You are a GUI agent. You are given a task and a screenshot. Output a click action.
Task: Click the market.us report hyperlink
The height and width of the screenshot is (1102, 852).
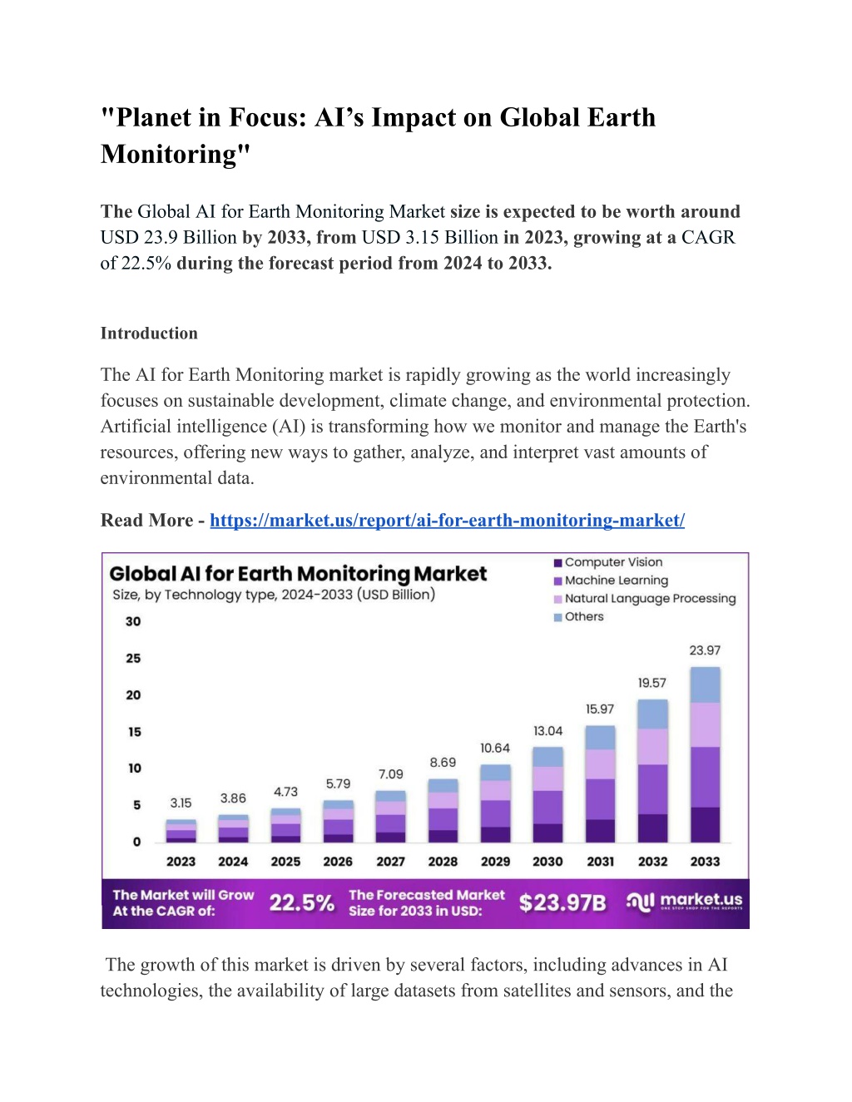click(x=447, y=521)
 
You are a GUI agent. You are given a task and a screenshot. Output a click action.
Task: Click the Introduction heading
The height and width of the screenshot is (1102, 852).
click(x=149, y=334)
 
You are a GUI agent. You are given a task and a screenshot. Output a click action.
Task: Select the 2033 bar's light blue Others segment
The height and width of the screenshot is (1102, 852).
click(x=705, y=684)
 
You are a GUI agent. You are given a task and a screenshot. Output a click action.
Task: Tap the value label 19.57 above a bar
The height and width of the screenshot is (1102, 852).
click(x=652, y=683)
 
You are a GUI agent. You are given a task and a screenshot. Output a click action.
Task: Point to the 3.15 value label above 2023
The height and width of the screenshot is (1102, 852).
click(x=181, y=803)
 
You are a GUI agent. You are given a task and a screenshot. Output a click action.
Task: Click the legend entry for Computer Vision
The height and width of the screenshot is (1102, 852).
click(x=608, y=562)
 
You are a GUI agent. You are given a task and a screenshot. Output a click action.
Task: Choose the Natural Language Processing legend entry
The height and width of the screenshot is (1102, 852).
click(x=645, y=599)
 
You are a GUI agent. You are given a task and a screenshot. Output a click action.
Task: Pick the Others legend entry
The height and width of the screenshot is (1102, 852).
click(x=578, y=616)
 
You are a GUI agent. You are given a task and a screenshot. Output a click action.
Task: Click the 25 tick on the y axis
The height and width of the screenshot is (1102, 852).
click(x=133, y=658)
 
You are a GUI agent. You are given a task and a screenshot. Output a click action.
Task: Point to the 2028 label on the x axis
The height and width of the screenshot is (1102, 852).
click(x=443, y=862)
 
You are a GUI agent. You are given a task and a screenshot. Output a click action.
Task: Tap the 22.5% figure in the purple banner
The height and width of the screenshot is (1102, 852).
click(x=302, y=902)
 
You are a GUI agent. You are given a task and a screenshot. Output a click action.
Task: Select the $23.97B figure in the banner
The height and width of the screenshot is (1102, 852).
click(x=562, y=902)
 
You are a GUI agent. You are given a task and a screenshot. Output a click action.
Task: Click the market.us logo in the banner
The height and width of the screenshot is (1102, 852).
click(x=685, y=902)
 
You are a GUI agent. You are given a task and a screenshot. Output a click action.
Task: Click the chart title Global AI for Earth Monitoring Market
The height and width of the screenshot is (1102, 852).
click(x=298, y=574)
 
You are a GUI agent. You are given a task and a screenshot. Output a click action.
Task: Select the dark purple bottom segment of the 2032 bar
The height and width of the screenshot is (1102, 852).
click(x=652, y=828)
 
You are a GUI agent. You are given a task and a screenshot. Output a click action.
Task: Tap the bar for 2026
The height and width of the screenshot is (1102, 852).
click(x=339, y=822)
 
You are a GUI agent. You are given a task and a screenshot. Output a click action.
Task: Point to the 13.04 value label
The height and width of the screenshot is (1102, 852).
click(x=547, y=731)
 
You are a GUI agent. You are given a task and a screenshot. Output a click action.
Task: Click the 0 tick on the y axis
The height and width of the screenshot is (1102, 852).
click(x=137, y=842)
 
